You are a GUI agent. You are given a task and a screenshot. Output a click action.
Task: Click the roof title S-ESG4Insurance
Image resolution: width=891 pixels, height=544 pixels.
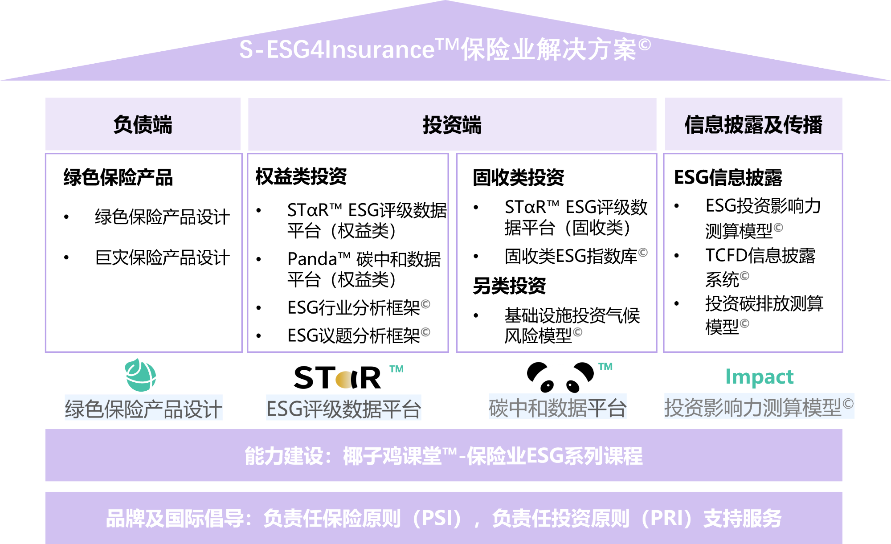point(336,49)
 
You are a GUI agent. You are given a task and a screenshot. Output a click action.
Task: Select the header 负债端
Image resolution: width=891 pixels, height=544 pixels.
point(143,124)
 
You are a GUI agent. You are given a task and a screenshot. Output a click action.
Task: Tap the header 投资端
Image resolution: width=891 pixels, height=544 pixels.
point(452,125)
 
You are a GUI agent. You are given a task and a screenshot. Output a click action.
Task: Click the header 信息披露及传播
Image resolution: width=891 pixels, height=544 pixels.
point(753,124)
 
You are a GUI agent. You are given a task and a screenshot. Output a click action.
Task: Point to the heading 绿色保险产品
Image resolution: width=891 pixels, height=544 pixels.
point(118,177)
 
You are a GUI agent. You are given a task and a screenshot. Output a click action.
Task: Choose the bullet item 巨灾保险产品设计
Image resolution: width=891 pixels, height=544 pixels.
point(163,258)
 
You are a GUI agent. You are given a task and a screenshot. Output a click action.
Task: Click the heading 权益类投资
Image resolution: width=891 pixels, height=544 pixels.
point(301,176)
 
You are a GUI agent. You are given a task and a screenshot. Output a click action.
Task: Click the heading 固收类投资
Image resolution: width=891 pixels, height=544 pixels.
point(519,177)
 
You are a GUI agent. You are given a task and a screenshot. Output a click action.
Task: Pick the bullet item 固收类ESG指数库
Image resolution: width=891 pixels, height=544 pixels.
point(576,256)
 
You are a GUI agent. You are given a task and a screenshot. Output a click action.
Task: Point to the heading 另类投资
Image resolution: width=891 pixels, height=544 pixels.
point(509,286)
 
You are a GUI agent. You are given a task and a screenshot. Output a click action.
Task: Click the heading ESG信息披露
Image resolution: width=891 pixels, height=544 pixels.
point(728,177)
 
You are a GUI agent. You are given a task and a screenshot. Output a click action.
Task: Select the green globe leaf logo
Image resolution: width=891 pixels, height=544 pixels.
point(141,375)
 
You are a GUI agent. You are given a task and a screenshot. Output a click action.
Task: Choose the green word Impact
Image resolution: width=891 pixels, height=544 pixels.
point(760,376)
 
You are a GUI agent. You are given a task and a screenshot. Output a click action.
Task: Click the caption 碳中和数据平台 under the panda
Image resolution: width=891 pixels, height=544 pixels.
point(557,407)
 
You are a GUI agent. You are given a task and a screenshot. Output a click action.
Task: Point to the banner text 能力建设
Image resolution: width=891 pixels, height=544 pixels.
point(284,456)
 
